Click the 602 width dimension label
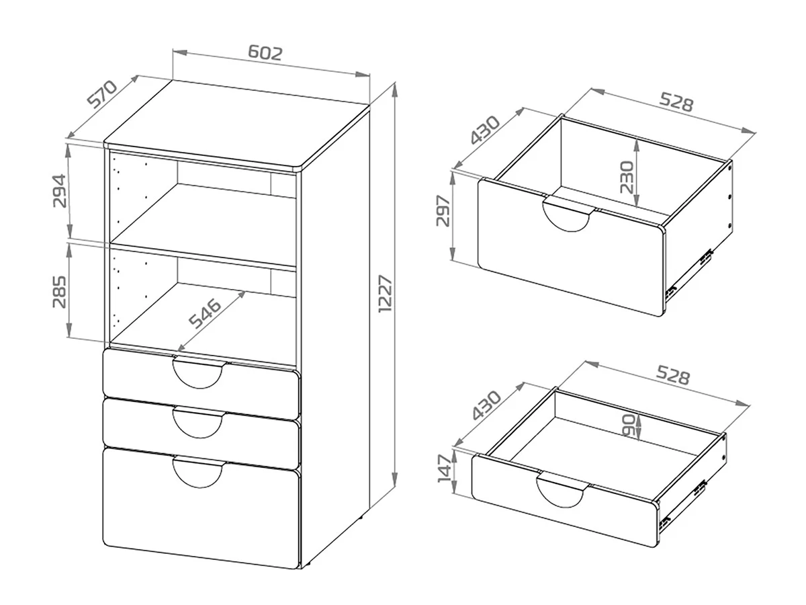click(265, 52)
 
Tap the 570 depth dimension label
click(102, 94)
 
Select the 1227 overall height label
click(386, 294)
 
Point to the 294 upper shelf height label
click(60, 191)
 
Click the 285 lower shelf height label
click(60, 292)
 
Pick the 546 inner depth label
click(205, 313)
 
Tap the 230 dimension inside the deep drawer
click(627, 177)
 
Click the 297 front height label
click(443, 211)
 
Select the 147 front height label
click(445, 469)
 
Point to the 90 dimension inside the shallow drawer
click(628, 426)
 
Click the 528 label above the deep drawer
click(676, 102)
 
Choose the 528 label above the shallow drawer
click(673, 374)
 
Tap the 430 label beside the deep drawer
click(486, 130)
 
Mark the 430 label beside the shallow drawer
click(486, 405)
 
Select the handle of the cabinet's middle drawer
click(198, 424)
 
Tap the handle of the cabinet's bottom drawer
click(198, 474)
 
